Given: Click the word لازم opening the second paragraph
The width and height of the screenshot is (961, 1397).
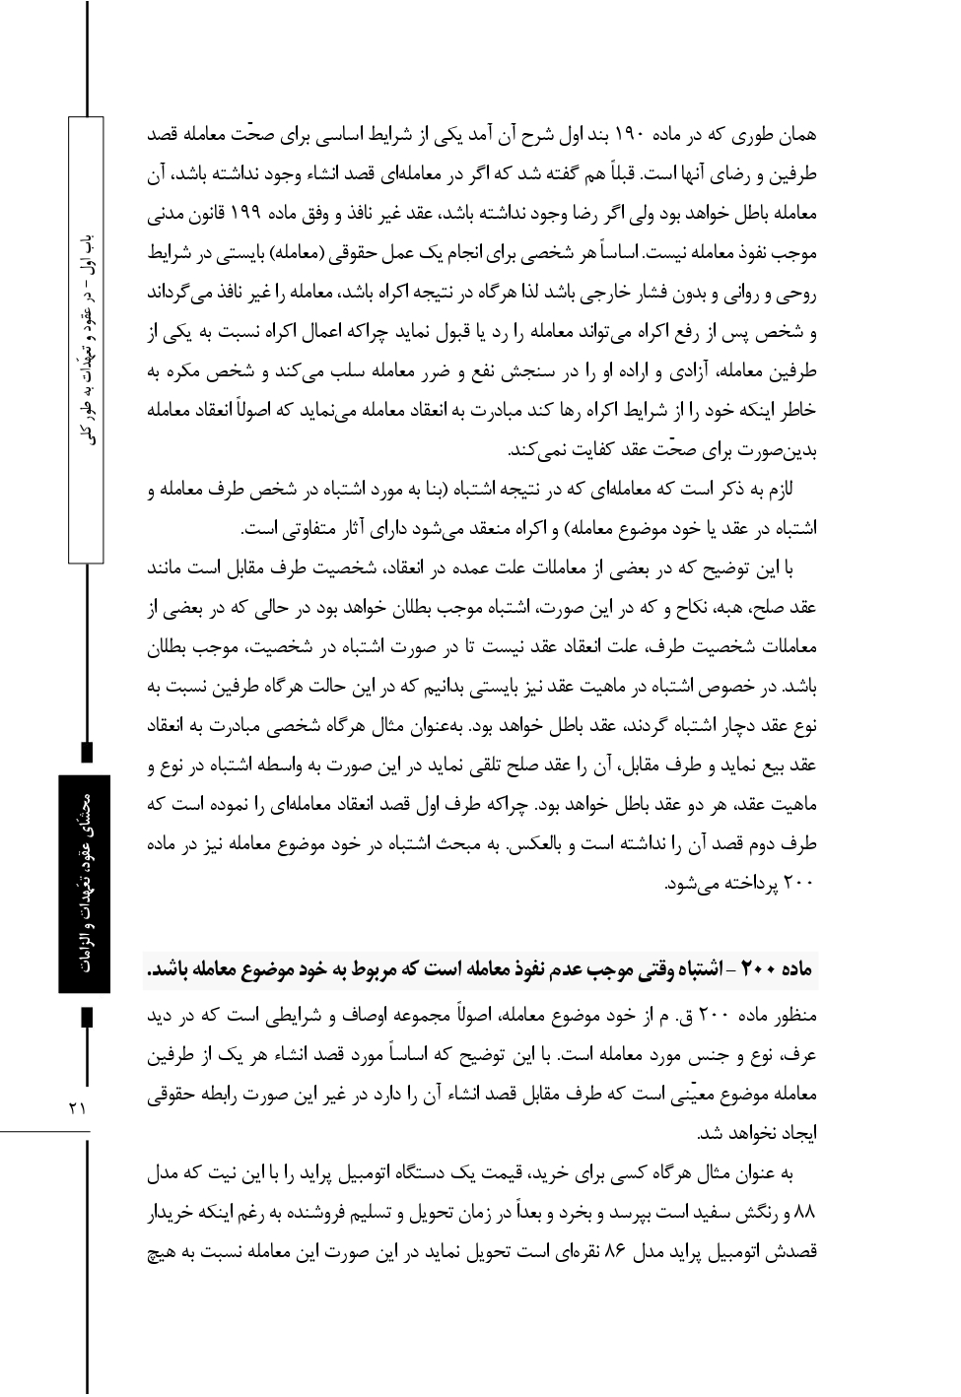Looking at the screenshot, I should (x=806, y=490).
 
